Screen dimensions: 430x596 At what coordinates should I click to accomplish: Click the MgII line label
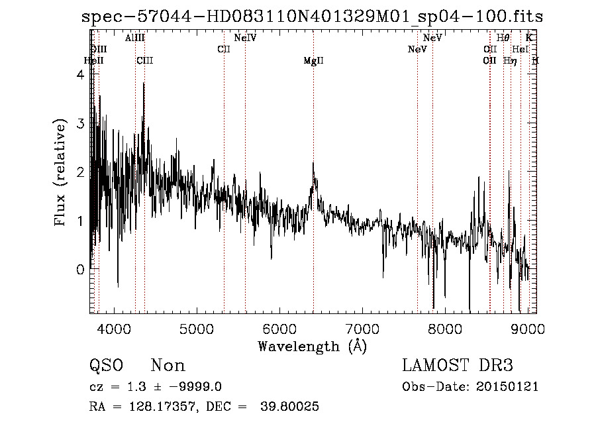point(313,61)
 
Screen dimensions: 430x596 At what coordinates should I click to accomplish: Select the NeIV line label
point(245,38)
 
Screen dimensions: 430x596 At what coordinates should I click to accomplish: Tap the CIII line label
point(144,61)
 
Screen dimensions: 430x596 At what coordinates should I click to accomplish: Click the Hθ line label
point(503,38)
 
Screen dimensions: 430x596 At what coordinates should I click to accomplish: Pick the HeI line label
point(521,50)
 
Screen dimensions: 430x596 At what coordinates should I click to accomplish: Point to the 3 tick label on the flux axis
point(81,124)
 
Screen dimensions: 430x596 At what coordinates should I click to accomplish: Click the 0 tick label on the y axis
point(81,270)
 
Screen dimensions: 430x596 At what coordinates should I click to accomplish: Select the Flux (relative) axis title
point(61,172)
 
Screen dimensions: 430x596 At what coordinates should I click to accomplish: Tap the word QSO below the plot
point(106,365)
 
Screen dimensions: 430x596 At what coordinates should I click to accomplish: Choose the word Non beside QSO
point(168,365)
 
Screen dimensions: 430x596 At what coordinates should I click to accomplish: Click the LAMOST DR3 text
point(458,365)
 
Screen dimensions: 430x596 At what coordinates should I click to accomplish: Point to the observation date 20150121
point(508,386)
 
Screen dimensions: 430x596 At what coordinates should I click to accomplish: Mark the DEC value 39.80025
point(292,407)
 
